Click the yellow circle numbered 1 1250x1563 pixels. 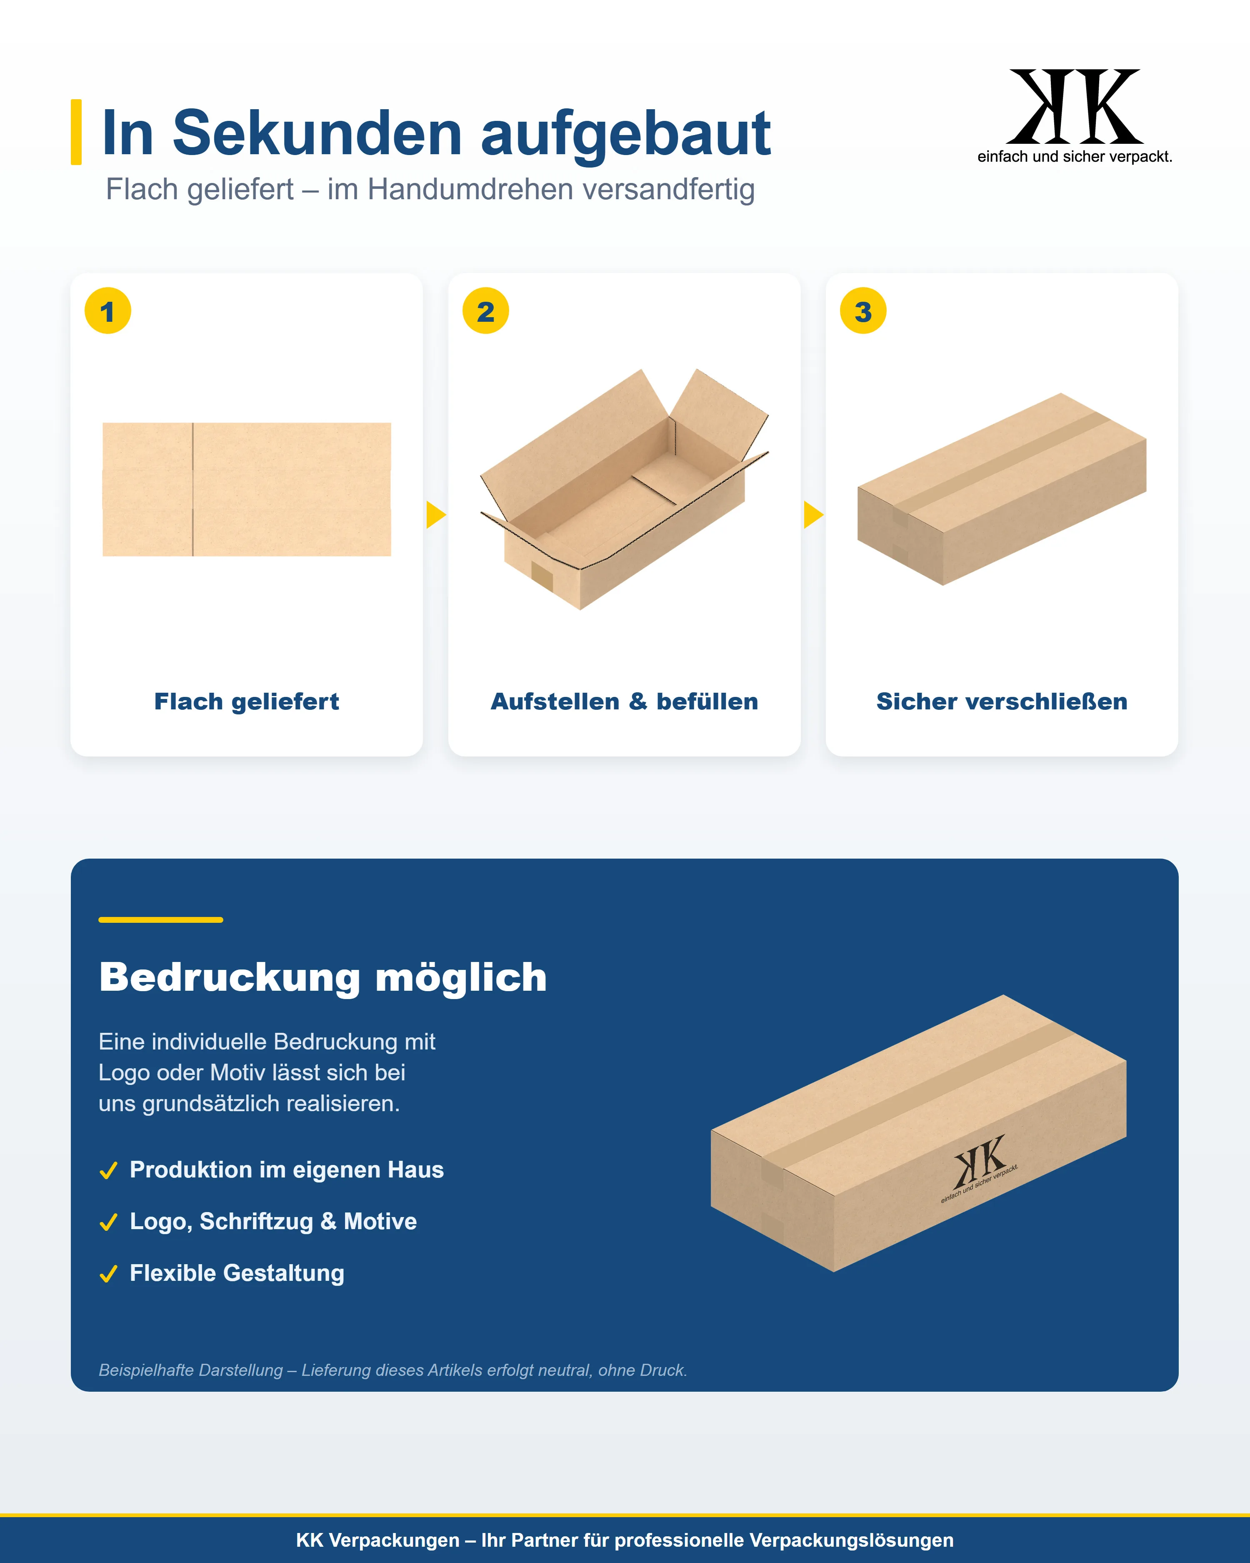[108, 311]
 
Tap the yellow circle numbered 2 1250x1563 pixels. [485, 311]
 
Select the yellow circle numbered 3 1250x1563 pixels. [863, 311]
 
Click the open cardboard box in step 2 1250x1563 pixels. [624, 489]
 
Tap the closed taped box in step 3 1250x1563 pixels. [1001, 489]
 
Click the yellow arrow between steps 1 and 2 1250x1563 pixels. [435, 515]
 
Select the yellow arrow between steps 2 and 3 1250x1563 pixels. [813, 515]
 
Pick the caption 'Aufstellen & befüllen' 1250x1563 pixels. [625, 702]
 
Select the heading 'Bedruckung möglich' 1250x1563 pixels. [323, 977]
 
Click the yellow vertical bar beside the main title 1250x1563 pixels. [76, 132]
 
